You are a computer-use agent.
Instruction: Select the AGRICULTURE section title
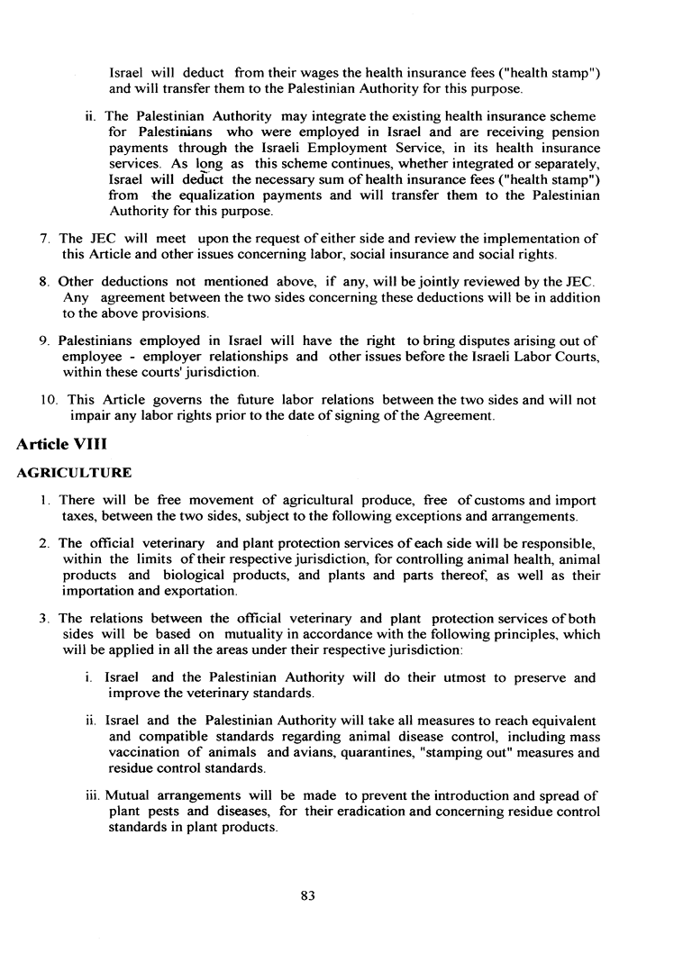point(75,473)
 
